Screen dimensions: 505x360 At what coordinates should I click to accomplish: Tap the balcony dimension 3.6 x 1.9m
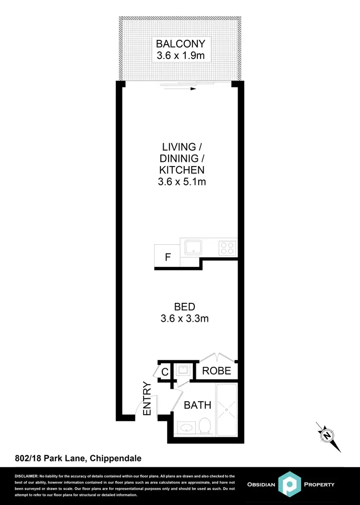(x=180, y=56)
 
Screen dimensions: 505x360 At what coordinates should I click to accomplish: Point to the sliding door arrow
(x=193, y=89)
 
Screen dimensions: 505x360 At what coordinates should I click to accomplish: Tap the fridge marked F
(x=167, y=257)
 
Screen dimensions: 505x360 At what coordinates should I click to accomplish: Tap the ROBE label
(x=217, y=371)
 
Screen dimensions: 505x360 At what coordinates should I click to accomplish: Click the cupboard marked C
(x=164, y=371)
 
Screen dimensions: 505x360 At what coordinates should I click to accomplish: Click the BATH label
(x=197, y=405)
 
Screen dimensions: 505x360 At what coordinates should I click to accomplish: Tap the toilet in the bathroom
(x=205, y=425)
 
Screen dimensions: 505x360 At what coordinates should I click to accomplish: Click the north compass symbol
(x=327, y=436)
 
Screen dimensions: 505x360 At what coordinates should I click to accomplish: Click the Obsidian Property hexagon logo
(x=291, y=485)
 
